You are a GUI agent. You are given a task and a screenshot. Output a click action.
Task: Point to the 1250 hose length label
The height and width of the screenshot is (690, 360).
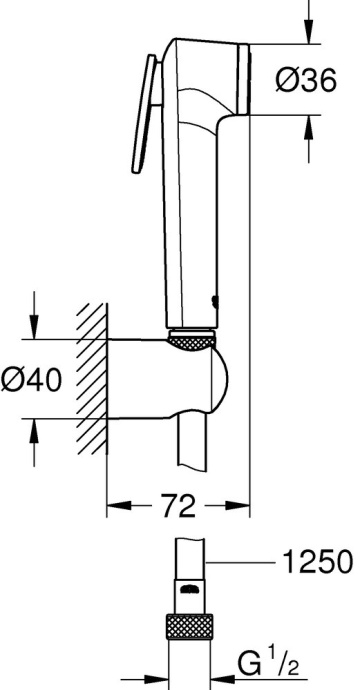pos(315,560)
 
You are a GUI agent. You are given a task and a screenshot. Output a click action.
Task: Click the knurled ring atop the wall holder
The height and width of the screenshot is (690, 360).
pos(194,343)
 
